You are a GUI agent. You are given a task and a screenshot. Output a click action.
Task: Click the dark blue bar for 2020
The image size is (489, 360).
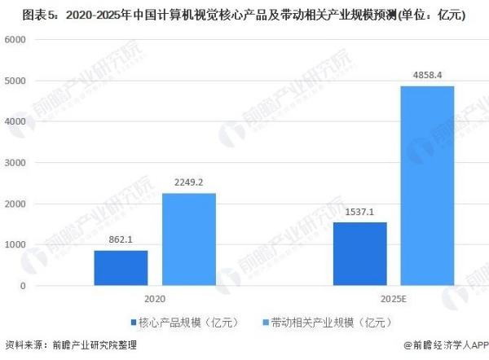(x=121, y=268)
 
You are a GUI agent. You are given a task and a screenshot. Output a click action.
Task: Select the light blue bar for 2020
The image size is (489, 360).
(x=189, y=239)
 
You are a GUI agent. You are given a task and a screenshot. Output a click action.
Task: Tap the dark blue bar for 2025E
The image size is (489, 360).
(x=359, y=254)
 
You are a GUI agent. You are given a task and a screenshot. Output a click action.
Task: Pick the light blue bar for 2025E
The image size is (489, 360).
(x=427, y=186)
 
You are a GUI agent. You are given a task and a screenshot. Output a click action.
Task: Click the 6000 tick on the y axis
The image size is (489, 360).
(x=16, y=40)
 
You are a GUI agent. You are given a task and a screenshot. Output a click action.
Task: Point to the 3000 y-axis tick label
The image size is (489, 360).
(x=16, y=163)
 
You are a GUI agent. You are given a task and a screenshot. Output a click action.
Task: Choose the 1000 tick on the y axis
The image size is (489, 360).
(x=16, y=245)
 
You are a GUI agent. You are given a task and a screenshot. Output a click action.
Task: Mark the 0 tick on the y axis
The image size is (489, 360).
(x=24, y=286)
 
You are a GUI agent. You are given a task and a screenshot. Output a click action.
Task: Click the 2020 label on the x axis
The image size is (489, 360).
(x=155, y=300)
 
